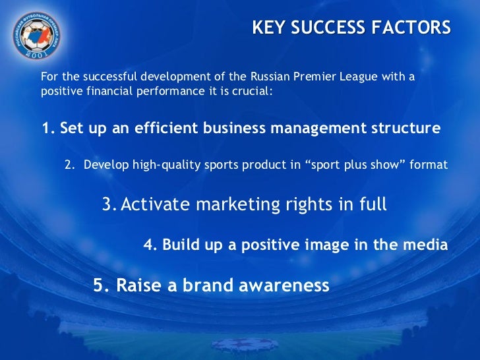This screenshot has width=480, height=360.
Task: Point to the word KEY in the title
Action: pyautogui.click(x=266, y=28)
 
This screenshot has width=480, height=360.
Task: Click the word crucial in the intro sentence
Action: pyautogui.click(x=251, y=91)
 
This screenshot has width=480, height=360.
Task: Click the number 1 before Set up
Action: pyautogui.click(x=46, y=128)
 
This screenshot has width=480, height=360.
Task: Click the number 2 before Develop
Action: pyautogui.click(x=69, y=165)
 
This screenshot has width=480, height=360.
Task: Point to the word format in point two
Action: pyautogui.click(x=428, y=165)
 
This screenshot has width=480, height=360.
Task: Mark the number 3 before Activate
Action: pyautogui.click(x=108, y=205)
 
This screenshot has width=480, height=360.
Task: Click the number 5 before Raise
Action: pyautogui.click(x=99, y=285)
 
